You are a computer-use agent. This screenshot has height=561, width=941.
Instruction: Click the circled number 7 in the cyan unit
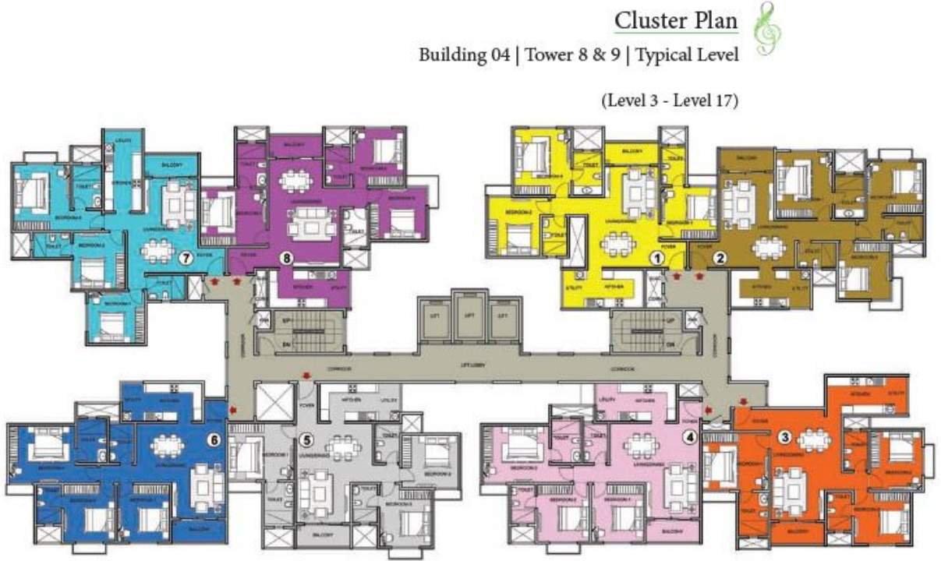click(185, 259)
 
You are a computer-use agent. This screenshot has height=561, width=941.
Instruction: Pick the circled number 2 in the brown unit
click(720, 258)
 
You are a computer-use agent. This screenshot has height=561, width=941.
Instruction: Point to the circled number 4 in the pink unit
click(688, 436)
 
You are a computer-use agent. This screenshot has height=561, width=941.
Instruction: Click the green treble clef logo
click(767, 29)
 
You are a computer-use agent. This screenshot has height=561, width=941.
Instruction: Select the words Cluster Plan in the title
click(675, 21)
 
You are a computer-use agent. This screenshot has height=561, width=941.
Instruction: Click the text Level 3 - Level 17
click(669, 100)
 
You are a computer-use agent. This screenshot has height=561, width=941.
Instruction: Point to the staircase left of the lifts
click(299, 332)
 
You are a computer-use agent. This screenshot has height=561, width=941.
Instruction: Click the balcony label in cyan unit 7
click(172, 165)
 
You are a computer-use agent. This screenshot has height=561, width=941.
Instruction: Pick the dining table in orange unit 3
click(813, 440)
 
